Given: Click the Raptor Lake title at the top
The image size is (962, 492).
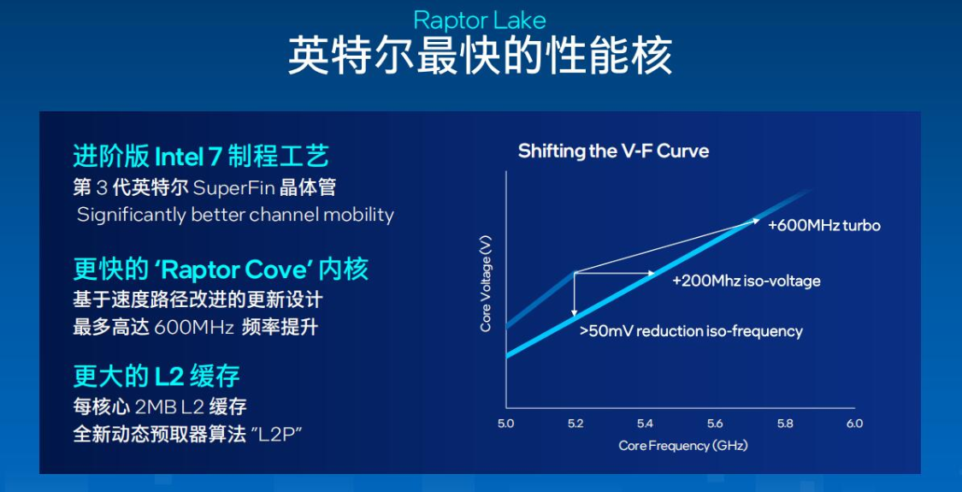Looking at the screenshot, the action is point(480,21).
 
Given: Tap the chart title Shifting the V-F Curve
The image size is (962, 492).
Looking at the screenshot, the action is point(613,151).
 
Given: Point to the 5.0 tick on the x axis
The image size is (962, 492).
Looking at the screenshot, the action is point(505,424).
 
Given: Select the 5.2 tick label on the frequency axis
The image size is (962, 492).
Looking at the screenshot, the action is point(575,424).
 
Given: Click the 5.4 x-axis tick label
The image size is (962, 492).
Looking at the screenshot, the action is point(646,424).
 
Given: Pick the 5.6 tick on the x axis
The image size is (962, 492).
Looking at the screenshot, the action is point(716,424).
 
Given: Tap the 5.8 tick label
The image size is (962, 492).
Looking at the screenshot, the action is point(785,424).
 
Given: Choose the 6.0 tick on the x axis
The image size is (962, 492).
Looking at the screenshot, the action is point(854,424).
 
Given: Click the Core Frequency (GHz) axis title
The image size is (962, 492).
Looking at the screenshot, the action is point(683,446).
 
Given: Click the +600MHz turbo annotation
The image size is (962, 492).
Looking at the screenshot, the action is point(824,226).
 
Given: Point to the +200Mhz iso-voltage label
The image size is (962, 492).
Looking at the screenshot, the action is point(746,282).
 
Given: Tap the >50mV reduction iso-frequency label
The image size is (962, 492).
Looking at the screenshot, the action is point(692,332).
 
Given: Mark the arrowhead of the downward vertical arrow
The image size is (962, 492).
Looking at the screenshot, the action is point(575,314).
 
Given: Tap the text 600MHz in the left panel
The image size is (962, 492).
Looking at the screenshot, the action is point(194,328).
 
